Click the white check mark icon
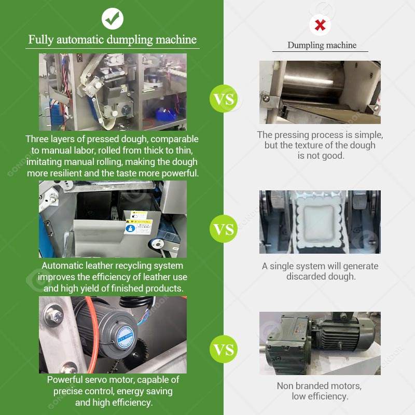click(113, 19)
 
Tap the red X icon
click(320, 25)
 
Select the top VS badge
click(224, 99)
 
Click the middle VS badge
click(224, 229)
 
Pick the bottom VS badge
click(224, 349)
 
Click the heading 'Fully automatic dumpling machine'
click(113, 40)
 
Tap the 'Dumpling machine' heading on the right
click(322, 45)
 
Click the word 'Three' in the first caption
click(36, 139)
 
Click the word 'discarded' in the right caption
click(306, 276)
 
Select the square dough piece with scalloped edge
click(320, 223)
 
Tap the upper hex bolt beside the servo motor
click(55, 315)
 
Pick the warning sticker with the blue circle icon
click(138, 227)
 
